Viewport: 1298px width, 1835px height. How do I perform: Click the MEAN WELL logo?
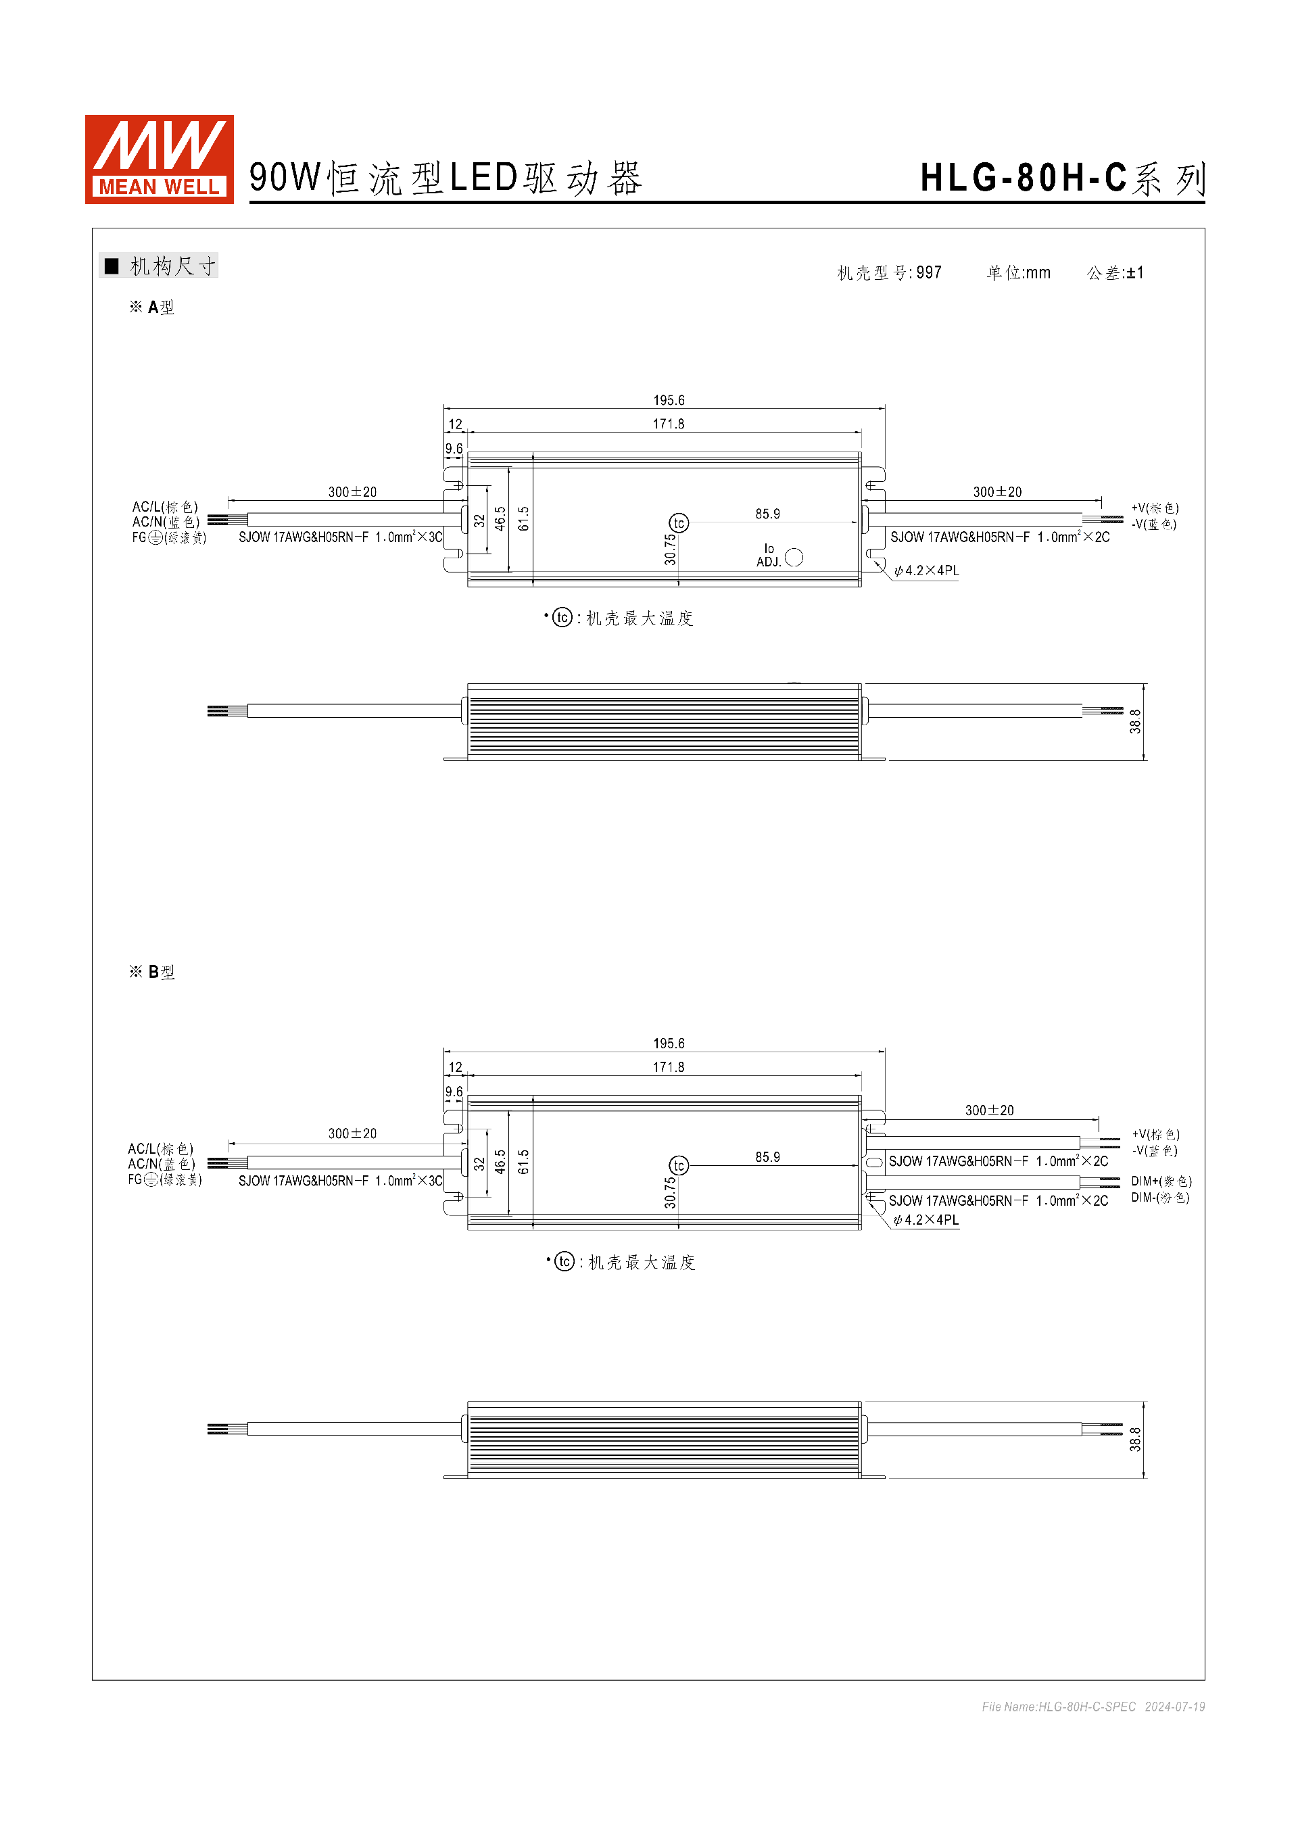point(159,159)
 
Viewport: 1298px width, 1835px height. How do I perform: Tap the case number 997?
point(929,272)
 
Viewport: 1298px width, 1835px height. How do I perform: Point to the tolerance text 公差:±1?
point(1115,272)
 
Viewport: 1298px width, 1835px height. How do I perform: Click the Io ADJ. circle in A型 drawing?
point(794,557)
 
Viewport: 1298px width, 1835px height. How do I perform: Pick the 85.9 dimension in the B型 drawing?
point(767,1156)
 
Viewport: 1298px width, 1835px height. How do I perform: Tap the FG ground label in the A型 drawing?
point(168,538)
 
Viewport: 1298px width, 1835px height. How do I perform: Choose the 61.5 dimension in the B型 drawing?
point(523,1161)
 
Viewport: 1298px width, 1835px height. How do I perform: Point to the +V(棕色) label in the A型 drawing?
point(1154,508)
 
